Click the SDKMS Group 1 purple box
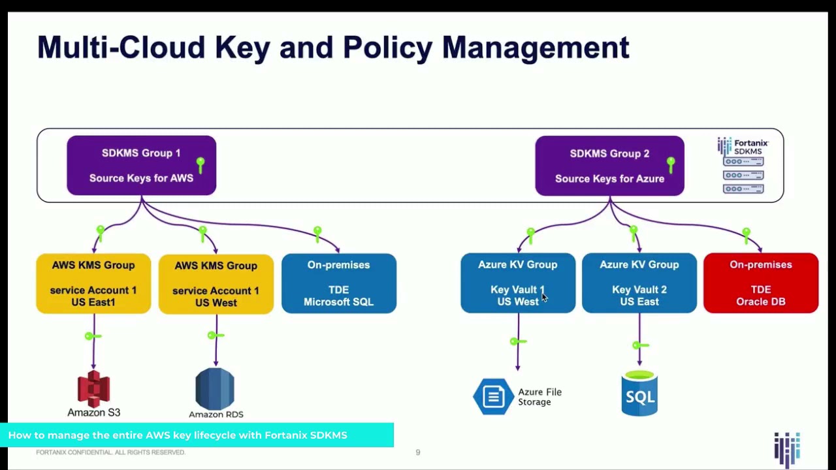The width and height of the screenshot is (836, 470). click(x=141, y=165)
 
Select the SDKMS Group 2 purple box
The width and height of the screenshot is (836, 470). click(x=609, y=166)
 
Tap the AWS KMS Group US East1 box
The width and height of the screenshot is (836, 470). click(x=93, y=283)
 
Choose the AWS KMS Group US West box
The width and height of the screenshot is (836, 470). click(x=216, y=284)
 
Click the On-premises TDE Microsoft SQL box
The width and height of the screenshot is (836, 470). click(x=338, y=283)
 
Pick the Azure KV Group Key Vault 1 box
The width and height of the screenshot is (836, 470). click(x=518, y=283)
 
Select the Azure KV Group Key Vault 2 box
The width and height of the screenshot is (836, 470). click(x=639, y=283)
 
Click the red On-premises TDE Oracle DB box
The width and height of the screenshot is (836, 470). click(x=760, y=283)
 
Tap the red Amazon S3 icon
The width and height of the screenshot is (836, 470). click(x=94, y=388)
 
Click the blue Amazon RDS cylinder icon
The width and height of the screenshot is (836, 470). click(x=215, y=388)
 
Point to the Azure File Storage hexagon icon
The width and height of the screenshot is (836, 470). click(x=493, y=396)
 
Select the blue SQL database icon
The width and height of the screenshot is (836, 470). click(x=639, y=394)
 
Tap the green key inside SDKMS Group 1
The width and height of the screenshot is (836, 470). click(x=201, y=164)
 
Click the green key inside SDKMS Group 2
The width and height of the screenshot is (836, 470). click(x=671, y=164)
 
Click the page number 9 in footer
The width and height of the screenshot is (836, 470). click(x=418, y=452)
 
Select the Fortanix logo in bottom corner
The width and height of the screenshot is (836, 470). click(x=787, y=449)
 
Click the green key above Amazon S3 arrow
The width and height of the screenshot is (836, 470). click(x=92, y=336)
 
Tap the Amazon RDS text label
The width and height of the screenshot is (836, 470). click(x=216, y=415)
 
